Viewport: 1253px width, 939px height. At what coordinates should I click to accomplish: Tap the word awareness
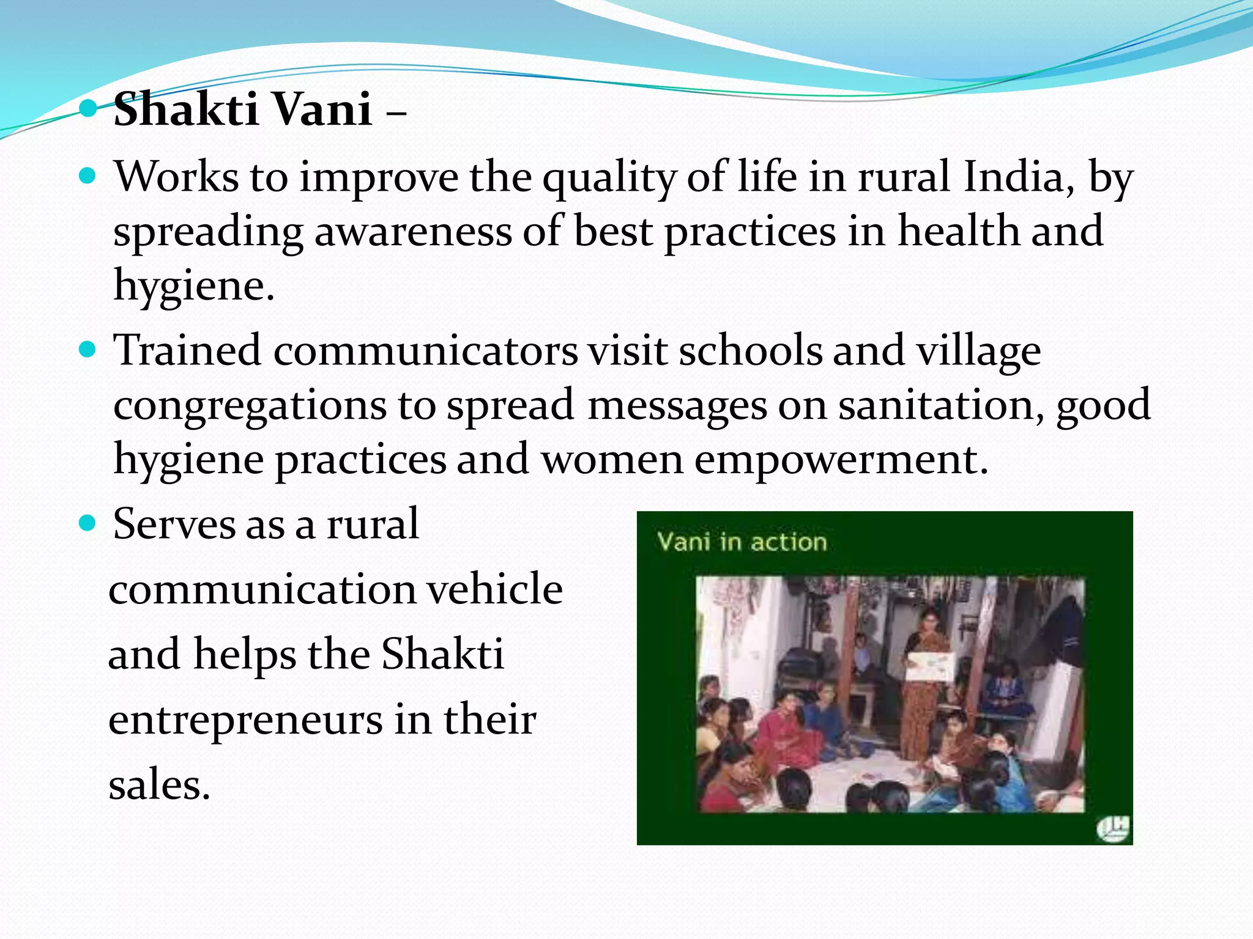(x=413, y=232)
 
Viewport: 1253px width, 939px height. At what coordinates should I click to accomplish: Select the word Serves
(x=174, y=525)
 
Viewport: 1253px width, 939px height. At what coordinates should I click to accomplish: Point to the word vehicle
(x=494, y=589)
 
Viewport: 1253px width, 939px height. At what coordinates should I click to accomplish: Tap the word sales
(x=159, y=785)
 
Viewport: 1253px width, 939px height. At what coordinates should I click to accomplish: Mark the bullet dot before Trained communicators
(x=89, y=350)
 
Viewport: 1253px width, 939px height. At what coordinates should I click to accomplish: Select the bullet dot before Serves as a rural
(x=89, y=523)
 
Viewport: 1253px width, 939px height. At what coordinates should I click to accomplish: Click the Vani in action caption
(x=742, y=542)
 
